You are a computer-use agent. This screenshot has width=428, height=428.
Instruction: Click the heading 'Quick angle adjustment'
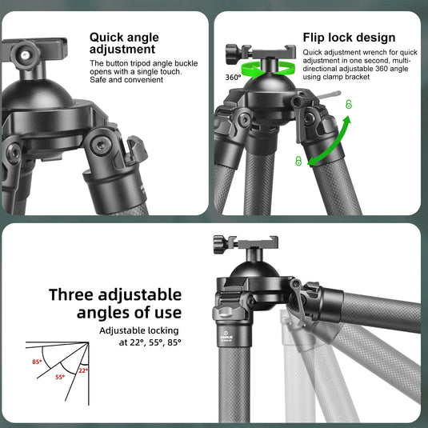tap(124, 43)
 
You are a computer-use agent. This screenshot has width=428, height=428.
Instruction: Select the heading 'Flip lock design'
tap(349, 38)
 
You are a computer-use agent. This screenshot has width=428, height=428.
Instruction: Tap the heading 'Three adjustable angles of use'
tap(115, 303)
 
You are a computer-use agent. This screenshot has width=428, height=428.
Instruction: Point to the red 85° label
tap(37, 362)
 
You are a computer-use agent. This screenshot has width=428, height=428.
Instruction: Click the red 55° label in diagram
tap(60, 377)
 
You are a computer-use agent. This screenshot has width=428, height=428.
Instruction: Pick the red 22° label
tap(83, 370)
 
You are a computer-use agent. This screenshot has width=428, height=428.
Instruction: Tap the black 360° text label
tap(233, 78)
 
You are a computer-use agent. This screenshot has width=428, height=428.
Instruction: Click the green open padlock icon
tap(349, 104)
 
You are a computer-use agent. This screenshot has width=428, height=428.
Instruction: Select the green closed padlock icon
tap(298, 161)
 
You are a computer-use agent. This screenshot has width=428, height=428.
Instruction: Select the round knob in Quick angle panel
tap(26, 55)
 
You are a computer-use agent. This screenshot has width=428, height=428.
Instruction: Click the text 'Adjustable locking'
tap(139, 330)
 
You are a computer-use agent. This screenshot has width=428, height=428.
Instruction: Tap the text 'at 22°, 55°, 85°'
tap(150, 342)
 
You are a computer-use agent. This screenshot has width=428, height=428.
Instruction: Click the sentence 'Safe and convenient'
tap(126, 80)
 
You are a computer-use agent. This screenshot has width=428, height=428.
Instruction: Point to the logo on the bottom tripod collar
tap(226, 334)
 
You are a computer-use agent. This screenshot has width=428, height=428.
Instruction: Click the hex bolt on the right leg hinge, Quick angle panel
tap(101, 146)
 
